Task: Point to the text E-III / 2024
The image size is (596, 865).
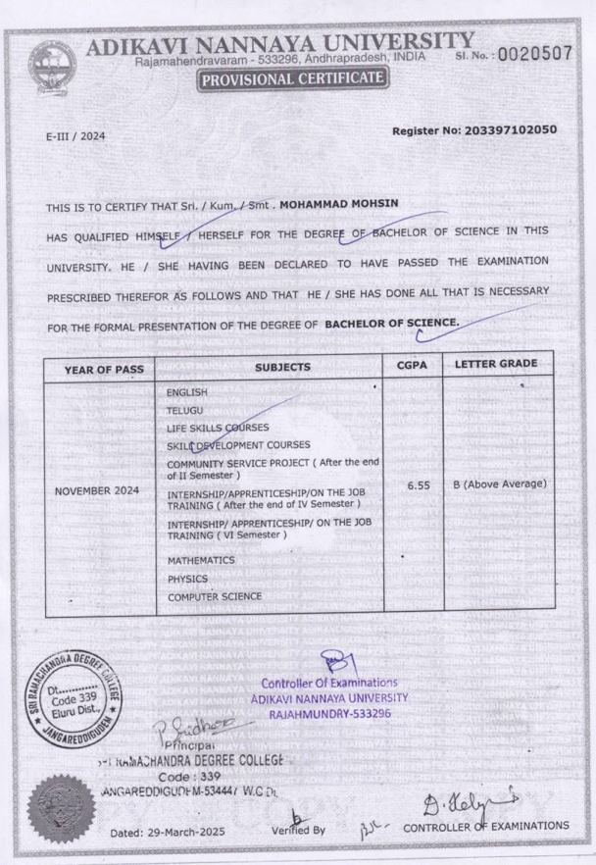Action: click(74, 137)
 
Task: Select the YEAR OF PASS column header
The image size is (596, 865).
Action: click(104, 368)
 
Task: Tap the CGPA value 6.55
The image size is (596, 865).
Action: click(413, 484)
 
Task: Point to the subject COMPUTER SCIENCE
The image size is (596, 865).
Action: click(214, 596)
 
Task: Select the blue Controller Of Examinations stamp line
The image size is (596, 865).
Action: click(328, 682)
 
